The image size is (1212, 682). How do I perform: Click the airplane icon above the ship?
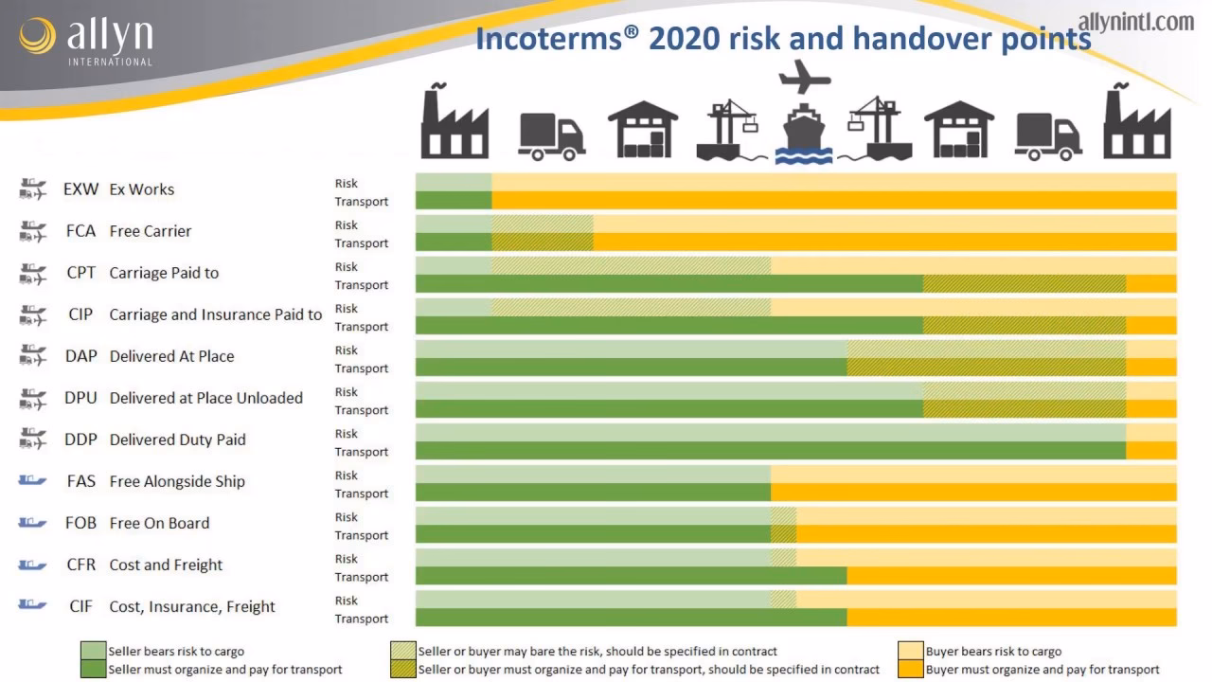[x=804, y=77]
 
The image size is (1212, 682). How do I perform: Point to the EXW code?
[x=80, y=189]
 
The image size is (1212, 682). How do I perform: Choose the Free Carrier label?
[x=151, y=231]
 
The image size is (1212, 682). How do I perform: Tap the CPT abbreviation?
[x=80, y=273]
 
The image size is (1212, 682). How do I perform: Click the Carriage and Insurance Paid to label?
[x=216, y=314]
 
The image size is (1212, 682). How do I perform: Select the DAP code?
[x=80, y=356]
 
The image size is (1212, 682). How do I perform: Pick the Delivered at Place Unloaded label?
[x=206, y=398]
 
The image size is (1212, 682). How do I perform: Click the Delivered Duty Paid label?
[x=178, y=440]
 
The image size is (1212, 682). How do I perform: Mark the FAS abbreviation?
[x=80, y=481]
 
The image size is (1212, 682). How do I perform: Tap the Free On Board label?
[x=160, y=523]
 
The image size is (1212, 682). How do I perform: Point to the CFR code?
[x=80, y=565]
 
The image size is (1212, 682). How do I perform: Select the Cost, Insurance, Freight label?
[x=192, y=606]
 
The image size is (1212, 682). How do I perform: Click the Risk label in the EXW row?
[x=347, y=183]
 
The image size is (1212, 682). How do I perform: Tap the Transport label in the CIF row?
[x=361, y=619]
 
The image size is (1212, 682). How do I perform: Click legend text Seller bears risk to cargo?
[x=176, y=652]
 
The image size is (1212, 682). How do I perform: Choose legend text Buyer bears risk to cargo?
[x=993, y=652]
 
